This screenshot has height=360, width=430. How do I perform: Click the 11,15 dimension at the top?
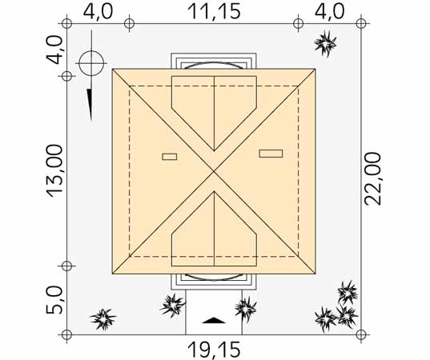(x=214, y=11)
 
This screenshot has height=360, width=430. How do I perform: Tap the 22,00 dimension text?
(x=372, y=179)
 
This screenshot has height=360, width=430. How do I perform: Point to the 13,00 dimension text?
(x=54, y=170)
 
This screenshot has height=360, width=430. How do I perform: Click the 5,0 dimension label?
(x=54, y=300)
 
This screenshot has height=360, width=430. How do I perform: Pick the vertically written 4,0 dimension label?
(x=54, y=50)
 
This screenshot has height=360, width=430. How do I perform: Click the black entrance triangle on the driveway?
(x=214, y=320)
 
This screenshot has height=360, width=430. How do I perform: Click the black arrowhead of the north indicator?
(x=90, y=105)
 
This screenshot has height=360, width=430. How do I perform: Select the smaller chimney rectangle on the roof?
(x=170, y=157)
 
